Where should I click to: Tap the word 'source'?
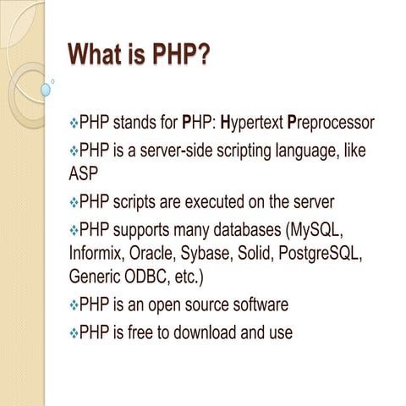(217, 304)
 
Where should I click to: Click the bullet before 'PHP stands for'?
(73, 124)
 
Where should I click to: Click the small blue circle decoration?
(46, 88)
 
